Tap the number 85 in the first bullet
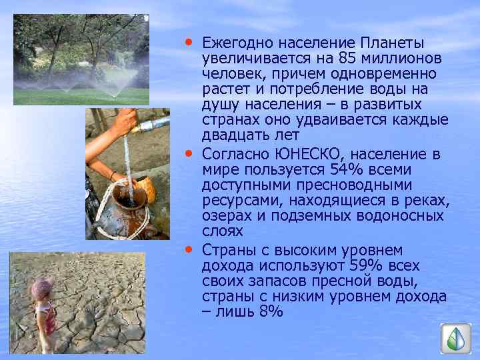point(349,59)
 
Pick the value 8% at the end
point(271,311)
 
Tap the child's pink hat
point(41,287)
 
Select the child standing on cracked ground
point(43,310)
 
